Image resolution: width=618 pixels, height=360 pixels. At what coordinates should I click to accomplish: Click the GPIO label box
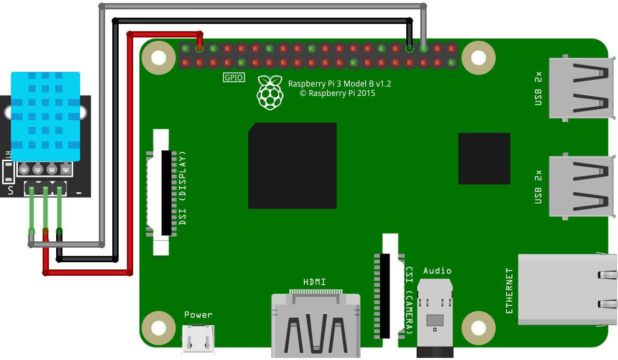[x=233, y=78]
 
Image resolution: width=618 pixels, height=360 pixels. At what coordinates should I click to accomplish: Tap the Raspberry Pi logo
[x=270, y=93]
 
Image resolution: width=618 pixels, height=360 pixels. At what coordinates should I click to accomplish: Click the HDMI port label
[x=314, y=282]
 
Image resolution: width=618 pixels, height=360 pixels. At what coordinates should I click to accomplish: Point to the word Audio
[x=437, y=271]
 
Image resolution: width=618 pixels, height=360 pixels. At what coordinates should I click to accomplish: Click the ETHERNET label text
[x=509, y=291]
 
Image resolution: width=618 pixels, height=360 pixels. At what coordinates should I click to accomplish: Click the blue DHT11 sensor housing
[x=46, y=117]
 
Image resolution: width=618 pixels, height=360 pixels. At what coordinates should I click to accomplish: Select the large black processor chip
[x=292, y=165]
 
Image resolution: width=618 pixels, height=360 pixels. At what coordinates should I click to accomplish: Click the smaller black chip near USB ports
[x=484, y=158]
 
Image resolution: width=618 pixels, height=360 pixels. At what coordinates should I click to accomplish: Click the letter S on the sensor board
[x=11, y=191]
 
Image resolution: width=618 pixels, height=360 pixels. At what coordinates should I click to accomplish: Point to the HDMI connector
[x=315, y=325]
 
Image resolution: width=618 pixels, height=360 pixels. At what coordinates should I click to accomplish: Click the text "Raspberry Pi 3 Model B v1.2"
[x=340, y=84]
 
